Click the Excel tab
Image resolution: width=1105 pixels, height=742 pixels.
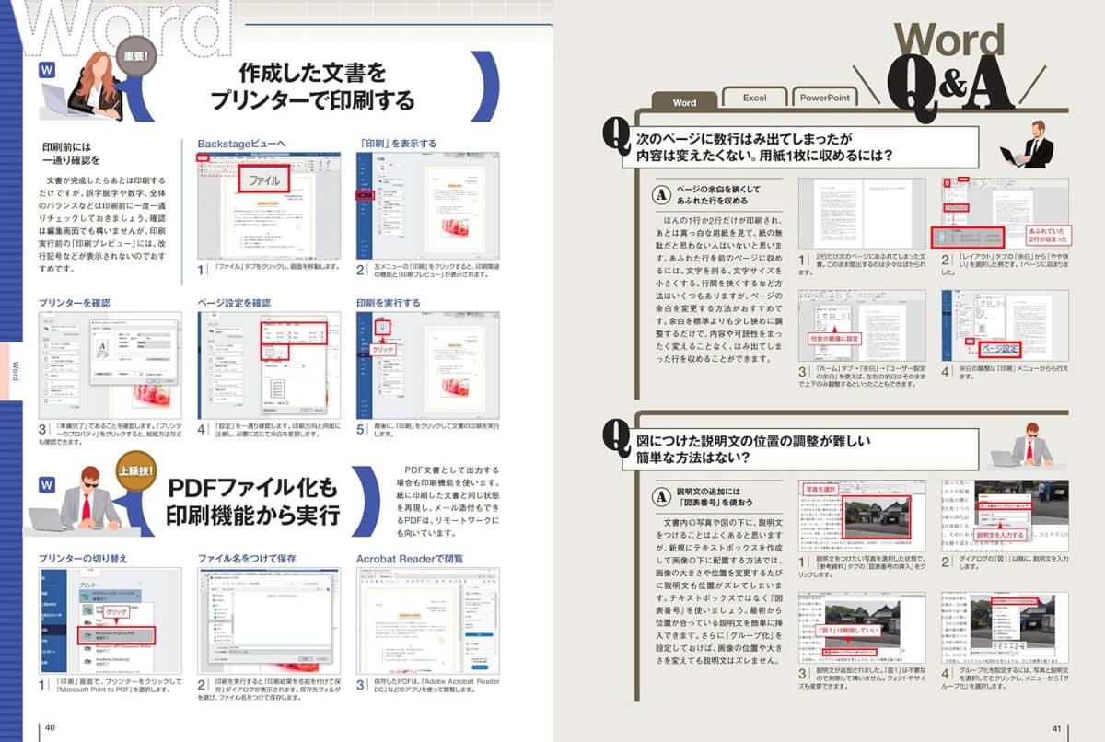click(x=754, y=97)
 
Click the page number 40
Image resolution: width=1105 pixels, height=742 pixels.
click(x=51, y=728)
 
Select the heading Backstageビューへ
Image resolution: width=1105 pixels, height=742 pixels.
click(x=241, y=144)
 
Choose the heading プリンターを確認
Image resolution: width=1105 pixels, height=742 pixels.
click(x=76, y=302)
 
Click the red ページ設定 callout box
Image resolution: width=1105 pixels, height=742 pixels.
click(x=998, y=349)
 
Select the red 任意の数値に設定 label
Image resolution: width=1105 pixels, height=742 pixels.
click(x=834, y=338)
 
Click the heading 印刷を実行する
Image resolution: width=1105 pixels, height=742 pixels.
click(x=389, y=302)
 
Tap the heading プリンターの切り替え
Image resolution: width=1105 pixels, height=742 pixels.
click(x=83, y=558)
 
